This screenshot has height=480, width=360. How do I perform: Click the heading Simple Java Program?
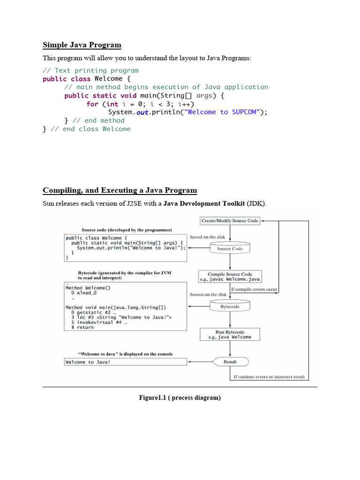coord(82,45)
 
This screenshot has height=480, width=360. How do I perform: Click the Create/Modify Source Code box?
coord(230,220)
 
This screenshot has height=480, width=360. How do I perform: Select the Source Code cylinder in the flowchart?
coord(230,248)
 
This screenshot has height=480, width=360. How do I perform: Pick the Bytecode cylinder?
coord(230,307)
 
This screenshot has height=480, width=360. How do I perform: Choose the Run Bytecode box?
coord(230,334)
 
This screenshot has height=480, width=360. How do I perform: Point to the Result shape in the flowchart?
coord(230,362)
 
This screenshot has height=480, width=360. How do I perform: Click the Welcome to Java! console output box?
coord(125,362)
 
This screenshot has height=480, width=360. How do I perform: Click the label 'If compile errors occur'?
coord(254,289)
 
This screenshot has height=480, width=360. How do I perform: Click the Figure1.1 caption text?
coord(180,397)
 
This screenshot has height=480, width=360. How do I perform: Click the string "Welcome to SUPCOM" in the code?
coord(223,112)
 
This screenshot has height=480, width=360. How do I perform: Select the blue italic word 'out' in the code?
coord(142,112)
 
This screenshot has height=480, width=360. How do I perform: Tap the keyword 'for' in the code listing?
coord(92,104)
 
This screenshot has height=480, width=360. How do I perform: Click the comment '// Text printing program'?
coord(90,70)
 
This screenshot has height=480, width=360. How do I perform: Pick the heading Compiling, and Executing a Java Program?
coord(120,190)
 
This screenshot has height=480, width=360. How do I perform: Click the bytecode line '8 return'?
coord(82,328)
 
